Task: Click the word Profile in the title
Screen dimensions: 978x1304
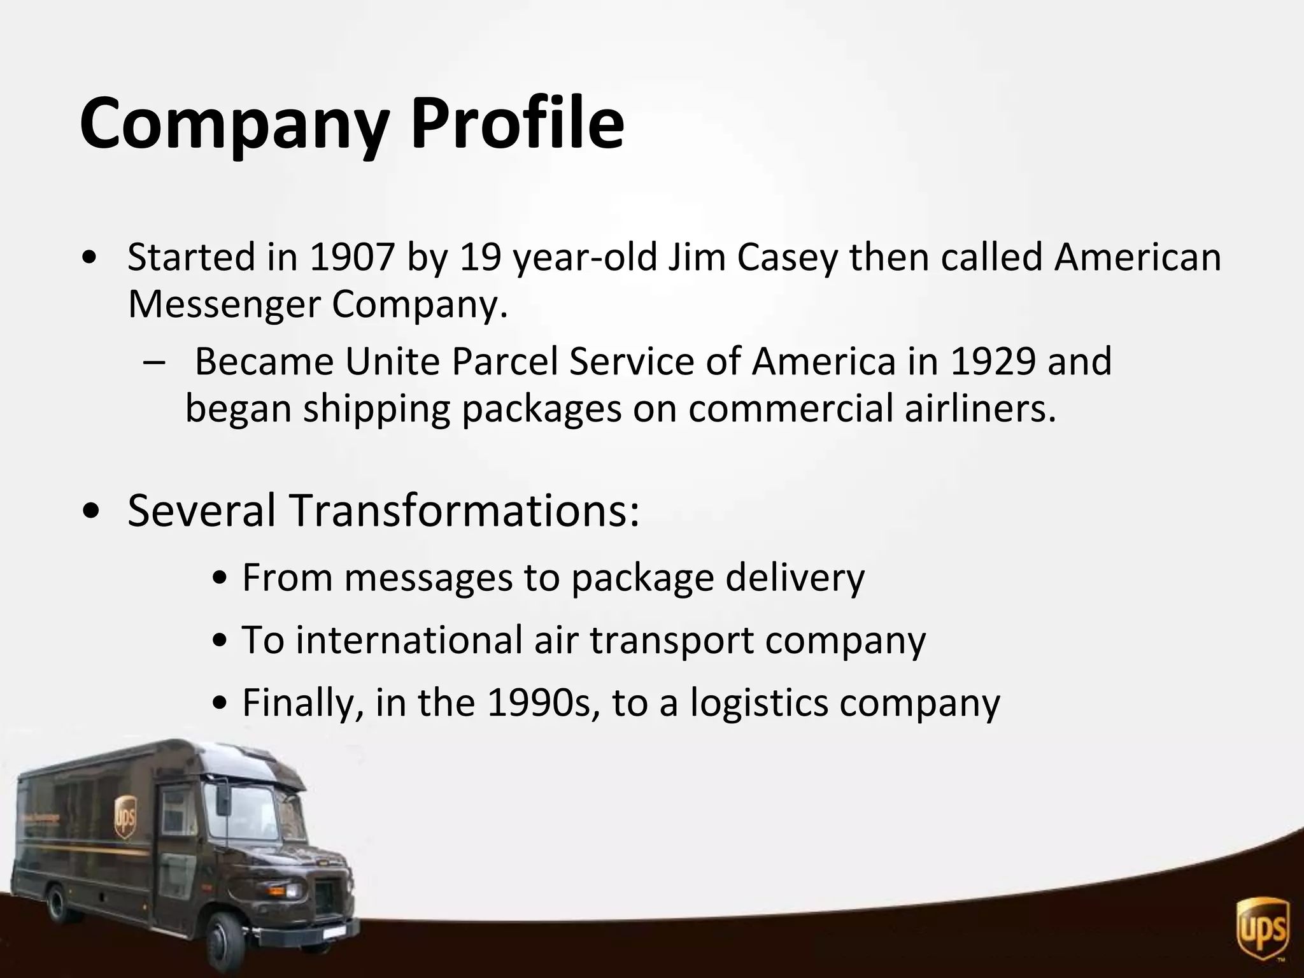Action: click(517, 122)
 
